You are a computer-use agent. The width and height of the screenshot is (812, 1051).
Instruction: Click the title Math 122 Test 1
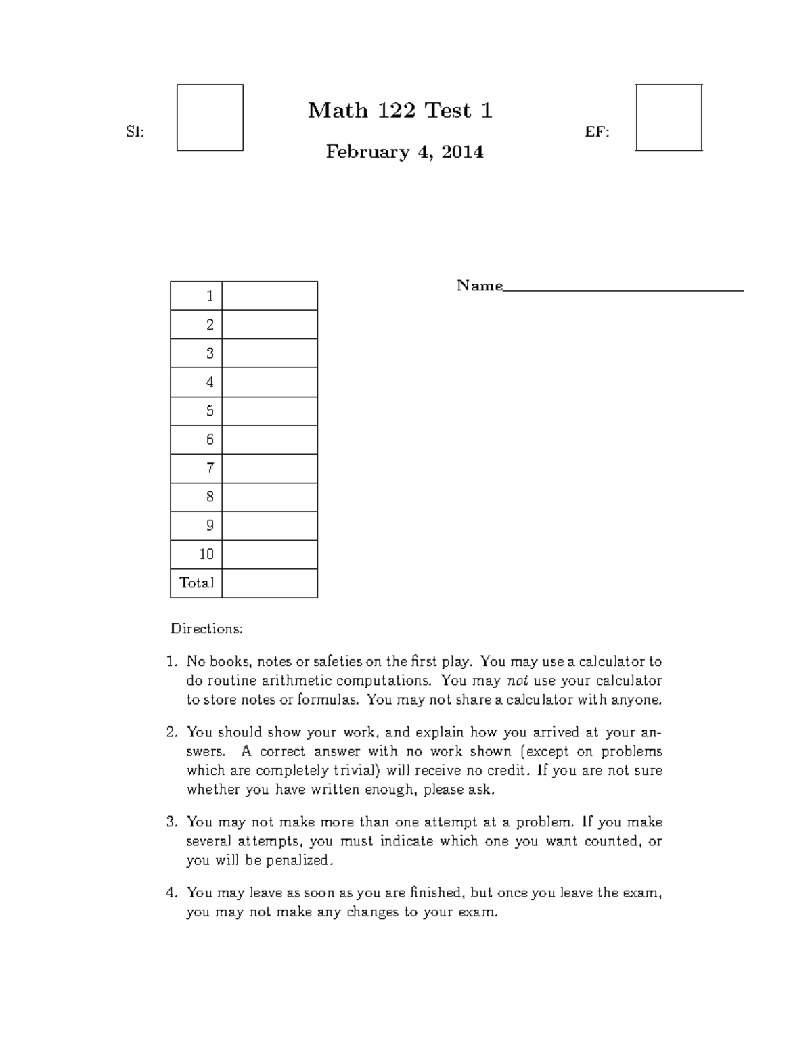[400, 110]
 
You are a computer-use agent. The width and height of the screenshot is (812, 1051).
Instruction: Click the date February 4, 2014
[405, 152]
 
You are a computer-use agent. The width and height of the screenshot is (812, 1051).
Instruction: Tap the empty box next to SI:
[210, 117]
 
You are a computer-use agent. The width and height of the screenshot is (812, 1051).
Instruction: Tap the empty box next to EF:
[669, 117]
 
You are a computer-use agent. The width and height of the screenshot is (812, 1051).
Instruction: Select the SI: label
[135, 133]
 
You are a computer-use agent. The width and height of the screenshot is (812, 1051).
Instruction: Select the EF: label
[597, 133]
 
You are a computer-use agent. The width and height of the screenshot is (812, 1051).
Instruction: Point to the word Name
[479, 286]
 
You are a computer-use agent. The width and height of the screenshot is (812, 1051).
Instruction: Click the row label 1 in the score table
[210, 296]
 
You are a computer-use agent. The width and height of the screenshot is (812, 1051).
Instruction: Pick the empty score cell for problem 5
[269, 411]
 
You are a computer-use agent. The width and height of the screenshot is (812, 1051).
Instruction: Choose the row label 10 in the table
[206, 554]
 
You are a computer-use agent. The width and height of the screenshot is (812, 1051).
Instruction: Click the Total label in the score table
[196, 583]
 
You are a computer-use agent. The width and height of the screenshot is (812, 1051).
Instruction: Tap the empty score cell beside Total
[269, 583]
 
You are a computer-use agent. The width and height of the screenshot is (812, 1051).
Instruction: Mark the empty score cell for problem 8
[269, 497]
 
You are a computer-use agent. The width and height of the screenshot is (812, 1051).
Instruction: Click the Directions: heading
[206, 629]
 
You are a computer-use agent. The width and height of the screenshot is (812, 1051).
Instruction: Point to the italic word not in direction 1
[518, 681]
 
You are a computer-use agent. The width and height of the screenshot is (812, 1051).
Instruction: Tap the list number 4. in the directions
[172, 893]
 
